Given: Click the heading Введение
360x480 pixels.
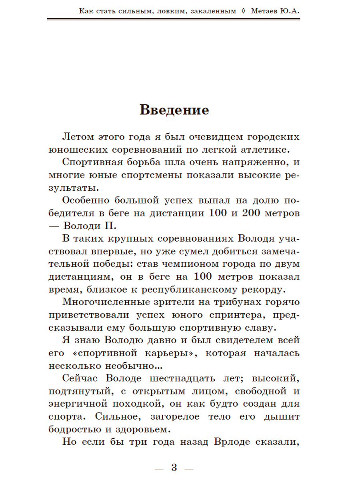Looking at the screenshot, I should (174, 110).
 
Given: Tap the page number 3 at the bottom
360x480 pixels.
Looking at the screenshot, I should (174, 467).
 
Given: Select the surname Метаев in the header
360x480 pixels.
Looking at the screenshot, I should (265, 11).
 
